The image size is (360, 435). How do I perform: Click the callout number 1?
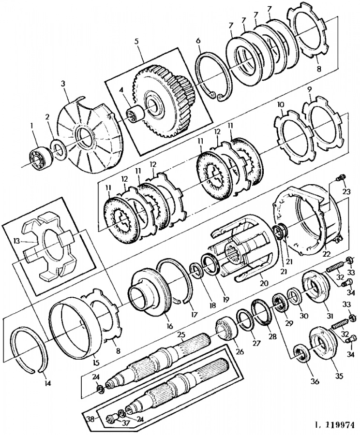click(x=32, y=126)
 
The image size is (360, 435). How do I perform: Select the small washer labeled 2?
click(x=59, y=150)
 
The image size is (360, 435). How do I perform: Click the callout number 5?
click(x=136, y=42)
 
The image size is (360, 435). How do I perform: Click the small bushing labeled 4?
click(x=136, y=114)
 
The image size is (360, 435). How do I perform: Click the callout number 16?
click(x=169, y=326)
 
